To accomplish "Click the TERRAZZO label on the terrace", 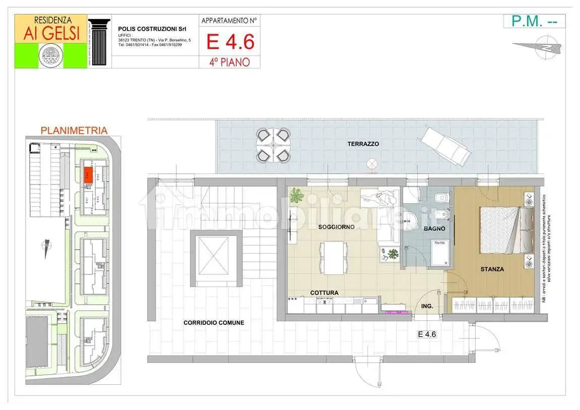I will (x=363, y=144).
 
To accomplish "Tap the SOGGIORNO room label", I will (x=336, y=227).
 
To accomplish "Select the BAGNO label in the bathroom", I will (x=434, y=228).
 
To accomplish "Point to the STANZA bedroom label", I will (x=492, y=269).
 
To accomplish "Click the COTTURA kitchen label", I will (x=324, y=292).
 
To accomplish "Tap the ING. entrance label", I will (x=426, y=306).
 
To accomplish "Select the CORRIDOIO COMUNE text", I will (x=214, y=323).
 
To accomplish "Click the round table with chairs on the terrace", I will (x=273, y=145).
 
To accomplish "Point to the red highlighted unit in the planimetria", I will (x=88, y=174).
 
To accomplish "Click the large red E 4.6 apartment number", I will (x=230, y=41).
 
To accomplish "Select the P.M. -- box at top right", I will (x=534, y=21).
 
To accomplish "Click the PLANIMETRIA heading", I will (x=74, y=130).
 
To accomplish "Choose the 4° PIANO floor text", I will (x=229, y=62).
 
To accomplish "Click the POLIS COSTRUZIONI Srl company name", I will (x=145, y=29).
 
